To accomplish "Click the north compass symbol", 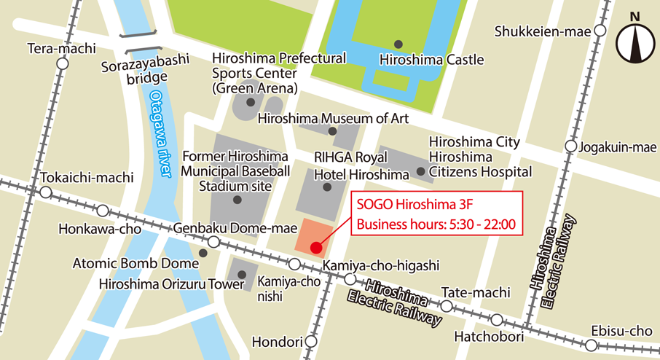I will point(635,42).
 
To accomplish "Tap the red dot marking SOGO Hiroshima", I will point(316,248).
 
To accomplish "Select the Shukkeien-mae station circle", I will point(600,31).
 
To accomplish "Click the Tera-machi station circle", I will point(63,64).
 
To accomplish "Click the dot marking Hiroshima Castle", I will point(397,44).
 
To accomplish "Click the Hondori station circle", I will point(311,341).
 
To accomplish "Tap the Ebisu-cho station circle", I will point(590,345).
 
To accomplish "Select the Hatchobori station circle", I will point(497,320).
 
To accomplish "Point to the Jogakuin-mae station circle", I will point(570,147).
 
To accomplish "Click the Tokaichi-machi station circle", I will point(46,193).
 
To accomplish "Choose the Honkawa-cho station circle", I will point(103,211).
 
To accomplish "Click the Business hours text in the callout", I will point(436,224).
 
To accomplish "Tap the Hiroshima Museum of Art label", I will point(333,118).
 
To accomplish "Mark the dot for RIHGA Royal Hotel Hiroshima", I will point(326,187).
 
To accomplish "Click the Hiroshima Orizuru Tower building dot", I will point(240,275).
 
